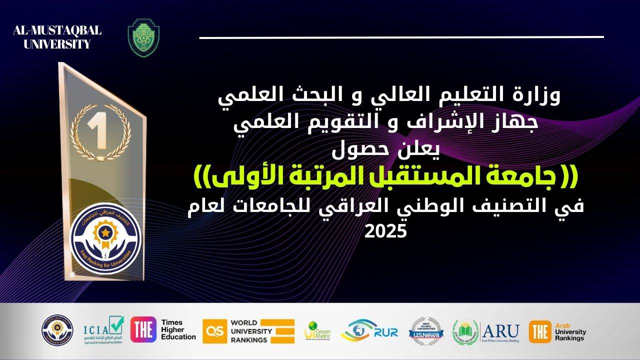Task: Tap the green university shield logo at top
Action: pos(144,37)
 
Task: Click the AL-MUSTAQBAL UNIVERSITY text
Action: pos(57,37)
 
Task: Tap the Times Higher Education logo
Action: pos(163,329)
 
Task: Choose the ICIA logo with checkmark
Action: pos(103,329)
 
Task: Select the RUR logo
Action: pos(369,330)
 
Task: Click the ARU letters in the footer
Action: pos(500,330)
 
